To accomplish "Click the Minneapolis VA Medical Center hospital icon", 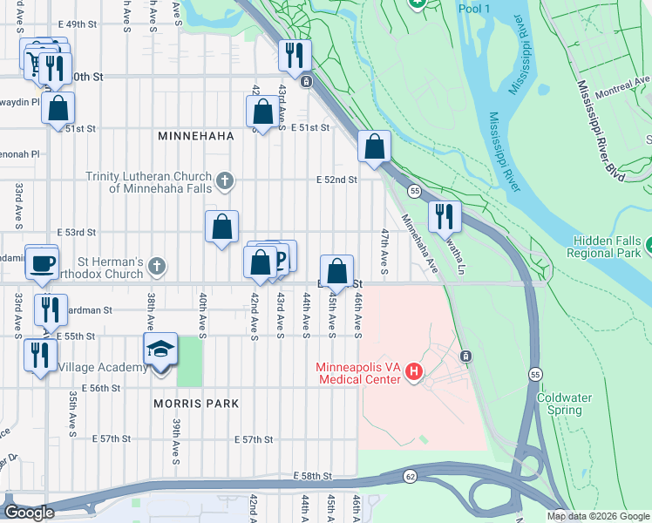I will tap(414, 373).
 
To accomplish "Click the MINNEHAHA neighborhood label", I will tap(193, 137).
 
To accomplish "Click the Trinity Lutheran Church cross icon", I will tap(225, 181).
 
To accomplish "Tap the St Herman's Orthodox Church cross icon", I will tap(156, 264).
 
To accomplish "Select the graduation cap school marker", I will tap(160, 350).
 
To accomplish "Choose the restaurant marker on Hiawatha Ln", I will tap(445, 216).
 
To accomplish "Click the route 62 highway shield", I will tap(409, 476).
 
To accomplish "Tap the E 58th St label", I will tap(316, 475).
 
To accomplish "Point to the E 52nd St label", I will tap(337, 180).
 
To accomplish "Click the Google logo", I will tap(29, 513).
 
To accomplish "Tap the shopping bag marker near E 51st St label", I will tap(262, 112).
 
